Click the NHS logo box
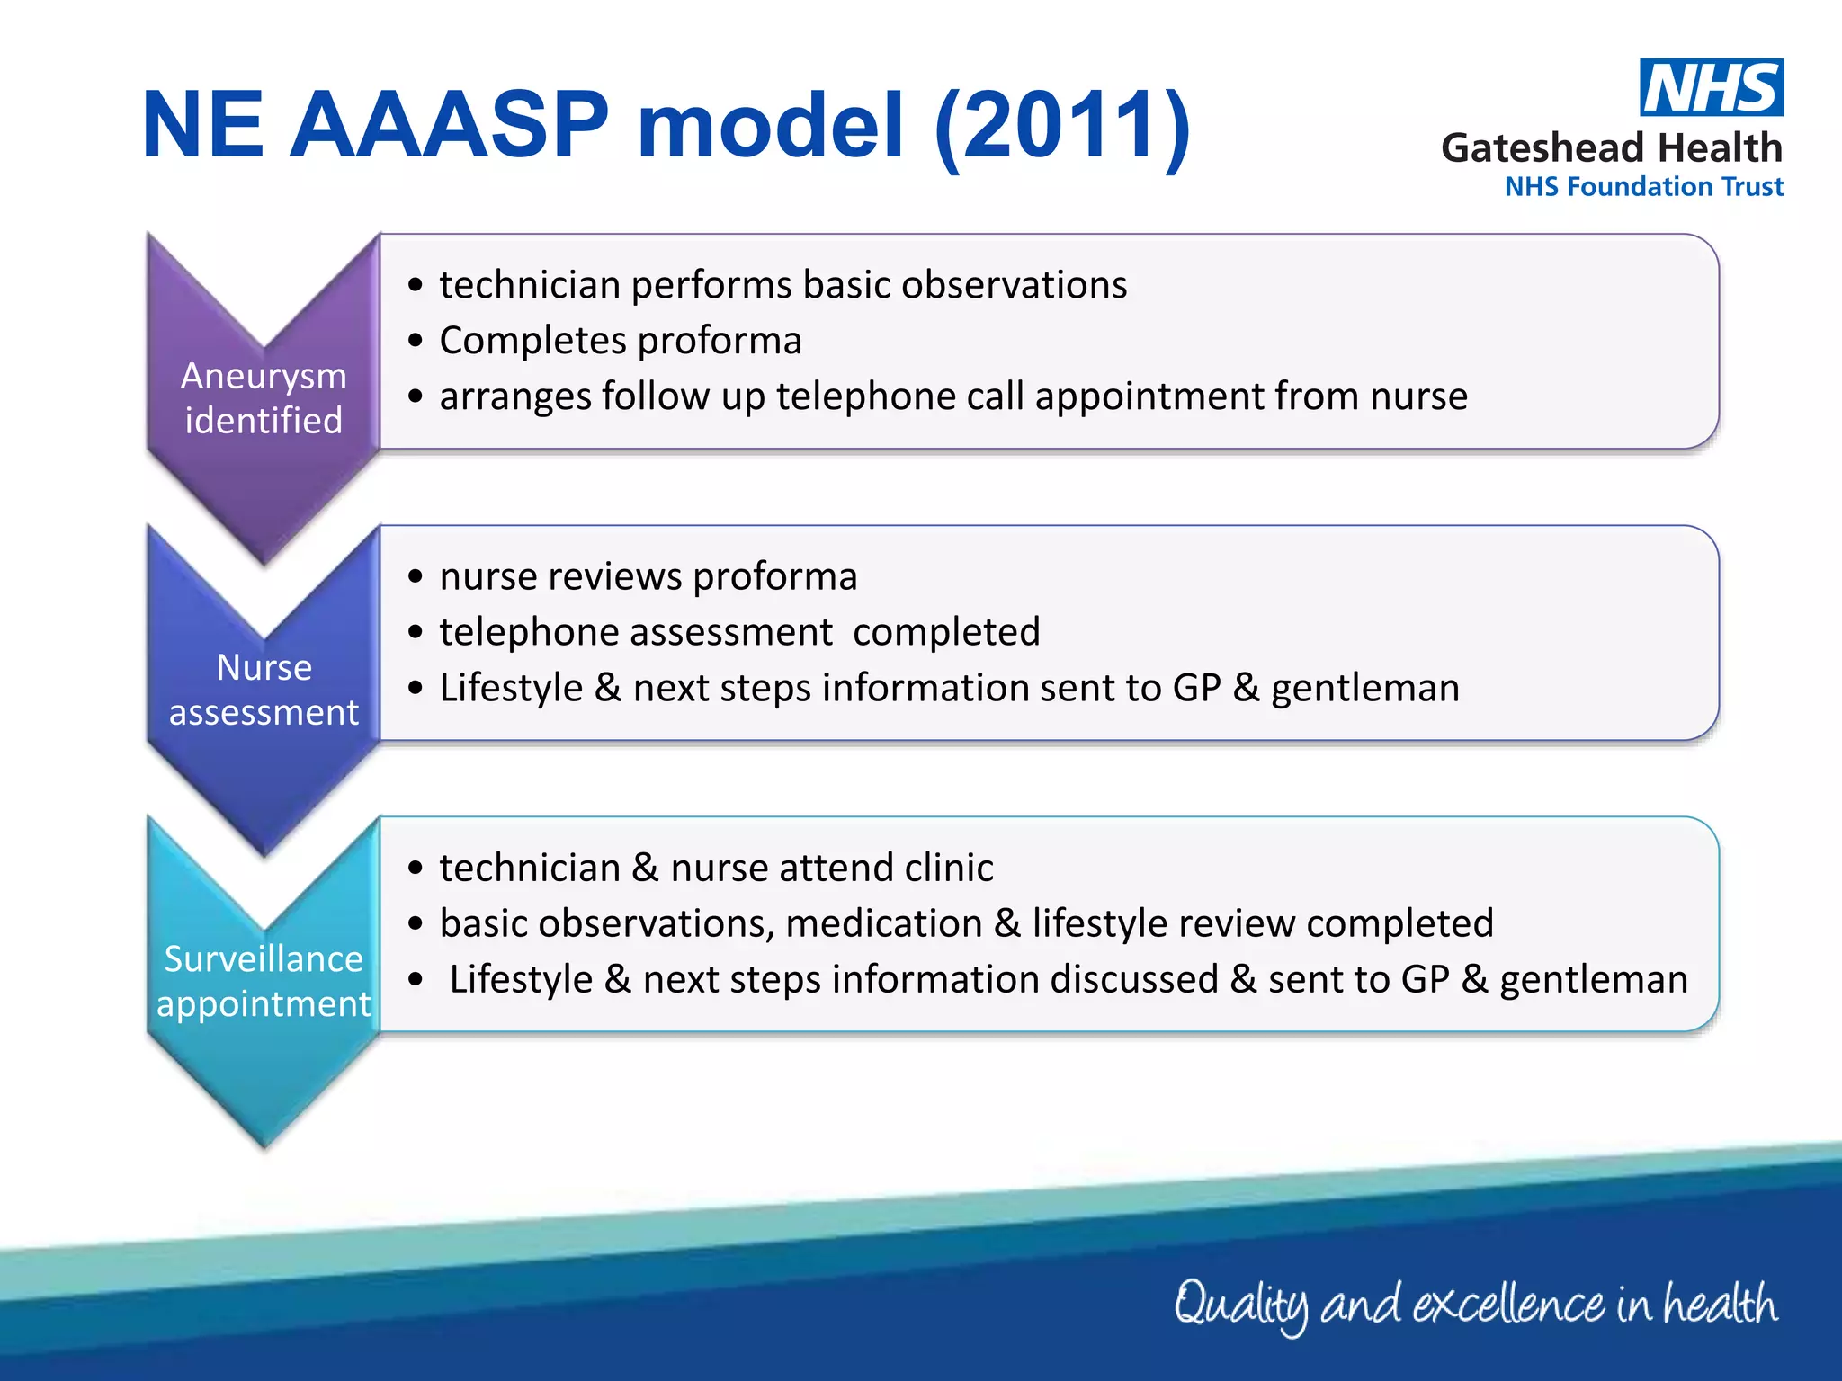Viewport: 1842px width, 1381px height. (1711, 87)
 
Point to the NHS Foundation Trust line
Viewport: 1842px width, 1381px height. (1643, 187)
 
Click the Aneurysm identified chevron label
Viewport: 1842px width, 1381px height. (264, 397)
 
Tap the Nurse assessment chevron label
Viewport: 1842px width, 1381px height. (264, 690)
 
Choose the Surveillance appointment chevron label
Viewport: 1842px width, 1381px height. (264, 981)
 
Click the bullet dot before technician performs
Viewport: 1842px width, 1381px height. (415, 286)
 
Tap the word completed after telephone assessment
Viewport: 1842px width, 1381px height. (946, 632)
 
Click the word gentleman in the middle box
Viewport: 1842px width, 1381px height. (1364, 688)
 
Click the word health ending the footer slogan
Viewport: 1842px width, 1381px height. (1719, 1304)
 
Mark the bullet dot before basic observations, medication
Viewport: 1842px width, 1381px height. (415, 924)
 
